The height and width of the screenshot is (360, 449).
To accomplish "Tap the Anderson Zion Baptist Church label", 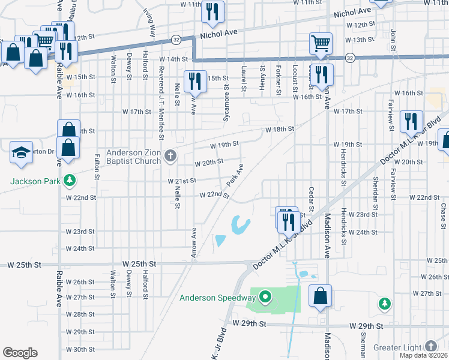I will click(133, 156).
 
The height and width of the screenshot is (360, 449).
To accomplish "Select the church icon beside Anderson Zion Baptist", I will click(170, 157).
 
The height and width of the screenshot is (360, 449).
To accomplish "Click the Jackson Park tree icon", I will click(70, 180).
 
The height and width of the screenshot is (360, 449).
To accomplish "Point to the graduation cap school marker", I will click(21, 153).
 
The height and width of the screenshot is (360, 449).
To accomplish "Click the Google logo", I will click(20, 353).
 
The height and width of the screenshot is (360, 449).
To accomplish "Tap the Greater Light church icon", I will click(430, 346).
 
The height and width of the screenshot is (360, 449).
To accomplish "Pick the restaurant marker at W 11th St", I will click(212, 12).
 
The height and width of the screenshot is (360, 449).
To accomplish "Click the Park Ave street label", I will click(235, 175).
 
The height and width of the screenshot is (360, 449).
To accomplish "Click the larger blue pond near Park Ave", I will click(241, 225).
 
